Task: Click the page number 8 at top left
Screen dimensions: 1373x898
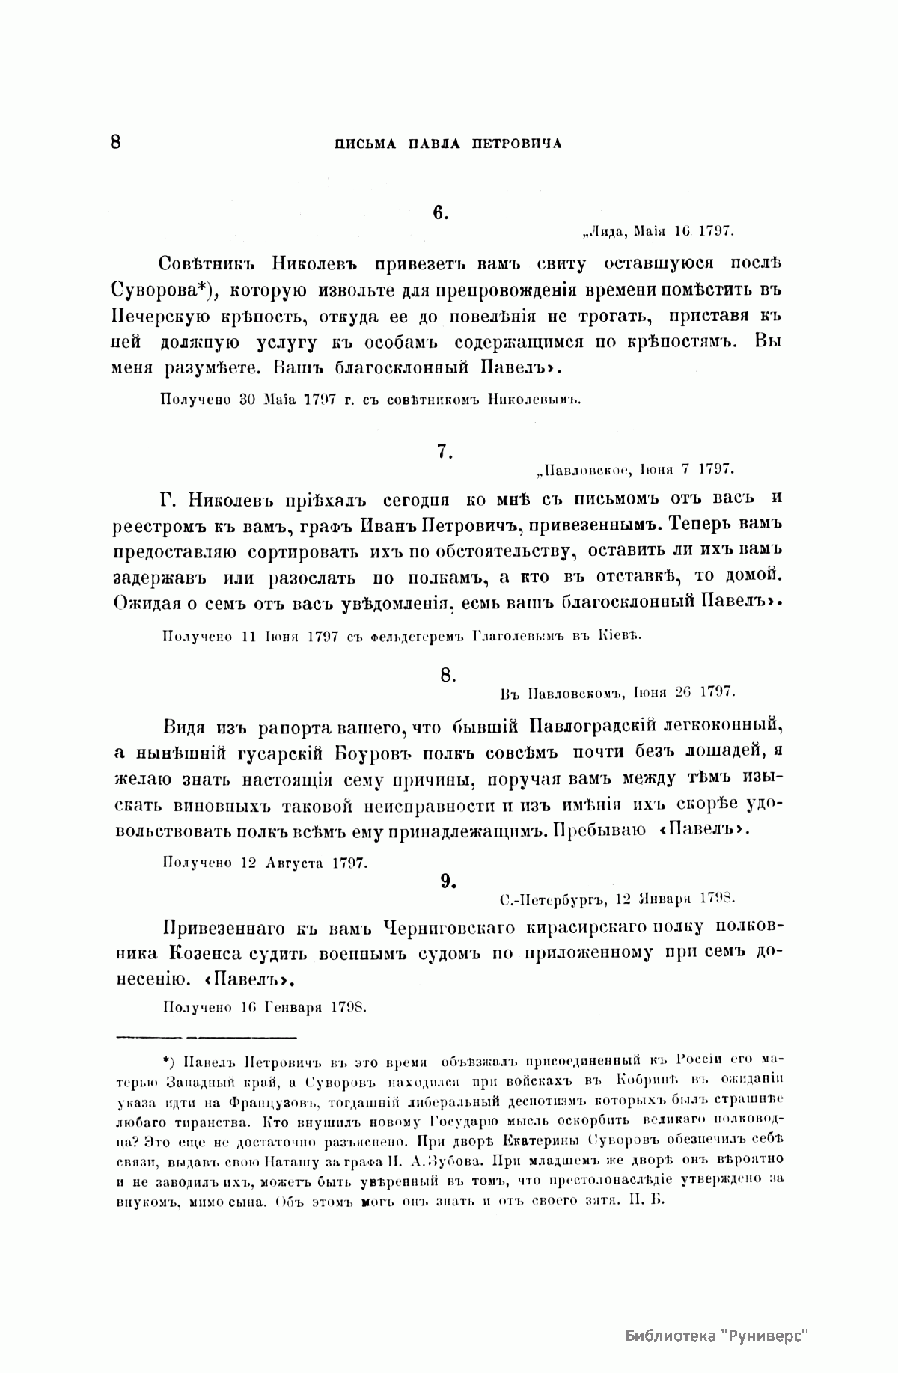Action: pos(115,141)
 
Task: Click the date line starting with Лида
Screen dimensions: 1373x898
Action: pos(657,231)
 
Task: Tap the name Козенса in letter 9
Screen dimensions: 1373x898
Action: pos(213,954)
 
